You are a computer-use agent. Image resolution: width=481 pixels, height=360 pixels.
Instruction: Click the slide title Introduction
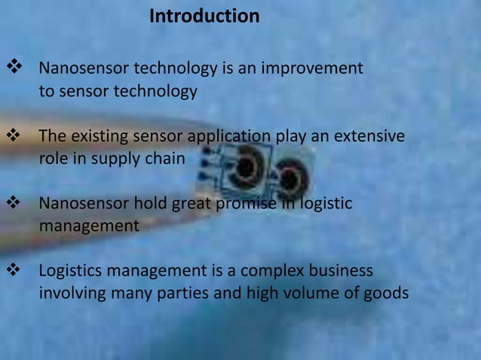(204, 16)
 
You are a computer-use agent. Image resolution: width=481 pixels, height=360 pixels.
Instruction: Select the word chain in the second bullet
(165, 159)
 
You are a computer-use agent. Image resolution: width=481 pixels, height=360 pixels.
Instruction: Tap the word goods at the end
(386, 292)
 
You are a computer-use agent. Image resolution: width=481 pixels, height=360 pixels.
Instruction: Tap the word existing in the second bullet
(98, 137)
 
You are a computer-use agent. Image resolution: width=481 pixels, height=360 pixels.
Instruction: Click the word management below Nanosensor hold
(89, 225)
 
